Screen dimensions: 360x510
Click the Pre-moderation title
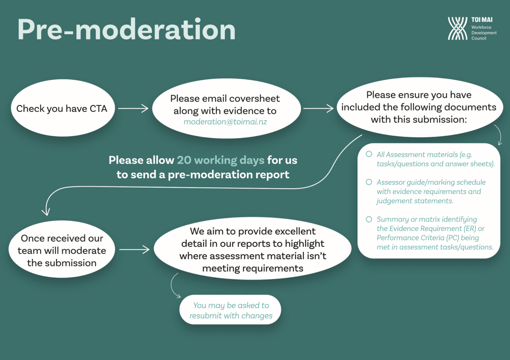pos(126,30)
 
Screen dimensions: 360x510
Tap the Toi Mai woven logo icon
pos(457,29)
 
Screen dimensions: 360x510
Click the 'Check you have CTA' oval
pos(62,108)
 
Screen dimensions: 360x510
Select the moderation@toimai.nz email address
pos(225,122)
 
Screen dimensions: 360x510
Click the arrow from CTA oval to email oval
pos(133,108)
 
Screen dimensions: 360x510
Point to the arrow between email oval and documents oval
pos(318,108)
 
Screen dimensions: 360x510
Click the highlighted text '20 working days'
pos(220,160)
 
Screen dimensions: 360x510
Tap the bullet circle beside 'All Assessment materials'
pos(369,154)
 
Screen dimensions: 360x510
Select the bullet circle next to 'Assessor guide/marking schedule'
pos(369,182)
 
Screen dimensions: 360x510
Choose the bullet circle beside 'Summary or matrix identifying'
pos(369,219)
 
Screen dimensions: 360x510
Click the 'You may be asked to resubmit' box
pos(230,310)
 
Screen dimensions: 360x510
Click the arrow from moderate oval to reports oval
pos(134,250)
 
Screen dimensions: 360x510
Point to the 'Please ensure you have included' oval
pos(419,107)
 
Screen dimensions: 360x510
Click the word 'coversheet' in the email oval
pos(254,99)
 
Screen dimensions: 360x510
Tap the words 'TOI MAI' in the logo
pos(482,20)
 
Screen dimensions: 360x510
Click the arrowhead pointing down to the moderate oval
pos(46,212)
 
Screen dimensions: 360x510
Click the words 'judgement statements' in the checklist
pos(415,201)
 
